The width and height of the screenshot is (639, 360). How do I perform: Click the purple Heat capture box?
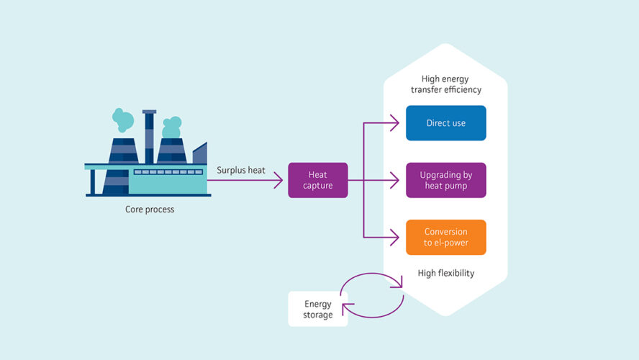317,180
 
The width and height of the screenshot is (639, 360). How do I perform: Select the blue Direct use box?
445,123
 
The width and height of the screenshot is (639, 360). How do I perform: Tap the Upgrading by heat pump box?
445,180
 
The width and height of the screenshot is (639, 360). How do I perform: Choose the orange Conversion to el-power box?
445,237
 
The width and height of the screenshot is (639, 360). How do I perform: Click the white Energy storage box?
317,309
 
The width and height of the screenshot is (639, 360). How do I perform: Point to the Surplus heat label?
241,170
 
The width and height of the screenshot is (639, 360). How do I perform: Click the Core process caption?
150,210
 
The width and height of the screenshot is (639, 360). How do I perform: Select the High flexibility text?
446,274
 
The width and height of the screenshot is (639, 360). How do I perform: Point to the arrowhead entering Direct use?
395,123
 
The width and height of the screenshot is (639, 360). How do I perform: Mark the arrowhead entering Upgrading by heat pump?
395,180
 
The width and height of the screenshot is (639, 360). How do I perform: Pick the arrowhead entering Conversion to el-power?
395,237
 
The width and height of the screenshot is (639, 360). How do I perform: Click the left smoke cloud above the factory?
122,120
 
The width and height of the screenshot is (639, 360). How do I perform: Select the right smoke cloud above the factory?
171,127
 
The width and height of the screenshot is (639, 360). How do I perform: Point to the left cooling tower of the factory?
122,151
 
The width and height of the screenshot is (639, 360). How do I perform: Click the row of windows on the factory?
168,172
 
